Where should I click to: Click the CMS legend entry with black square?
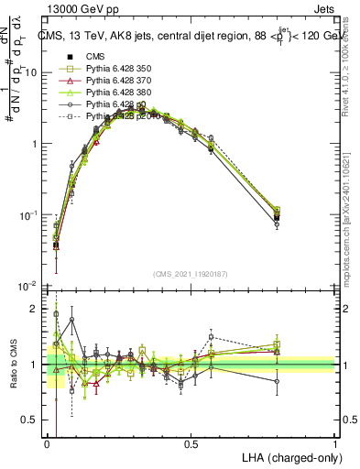[x=96, y=56]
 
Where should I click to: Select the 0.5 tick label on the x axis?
[x=191, y=442]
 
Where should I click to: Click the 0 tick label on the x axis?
[x=47, y=442]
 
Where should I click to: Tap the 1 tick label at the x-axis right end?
[x=334, y=442]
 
